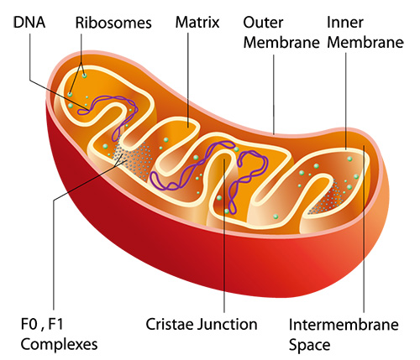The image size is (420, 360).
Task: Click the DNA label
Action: pyautogui.click(x=29, y=23)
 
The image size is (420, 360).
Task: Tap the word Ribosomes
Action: pyautogui.click(x=113, y=23)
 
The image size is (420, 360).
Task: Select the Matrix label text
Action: pyautogui.click(x=197, y=23)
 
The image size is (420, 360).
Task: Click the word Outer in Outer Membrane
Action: pyautogui.click(x=263, y=23)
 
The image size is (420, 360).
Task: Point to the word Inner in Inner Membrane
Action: pyautogui.click(x=345, y=23)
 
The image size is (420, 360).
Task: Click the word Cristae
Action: pyautogui.click(x=170, y=325)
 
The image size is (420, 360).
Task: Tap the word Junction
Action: pyautogui.click(x=227, y=326)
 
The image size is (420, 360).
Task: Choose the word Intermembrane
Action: pyautogui.click(x=344, y=325)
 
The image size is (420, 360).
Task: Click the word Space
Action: pyautogui.click(x=309, y=346)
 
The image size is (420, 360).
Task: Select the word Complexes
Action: pyautogui.click(x=59, y=345)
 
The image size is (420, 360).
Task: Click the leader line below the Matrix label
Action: pyautogui.click(x=188, y=81)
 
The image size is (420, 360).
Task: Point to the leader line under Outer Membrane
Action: pyautogui.click(x=274, y=94)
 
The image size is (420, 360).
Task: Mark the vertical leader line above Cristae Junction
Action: pyautogui.click(x=224, y=236)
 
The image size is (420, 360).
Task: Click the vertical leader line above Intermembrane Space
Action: pyautogui.click(x=364, y=228)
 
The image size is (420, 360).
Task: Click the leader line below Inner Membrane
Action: pyautogui.click(x=346, y=102)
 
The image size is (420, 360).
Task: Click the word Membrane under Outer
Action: pyautogui.click(x=281, y=43)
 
